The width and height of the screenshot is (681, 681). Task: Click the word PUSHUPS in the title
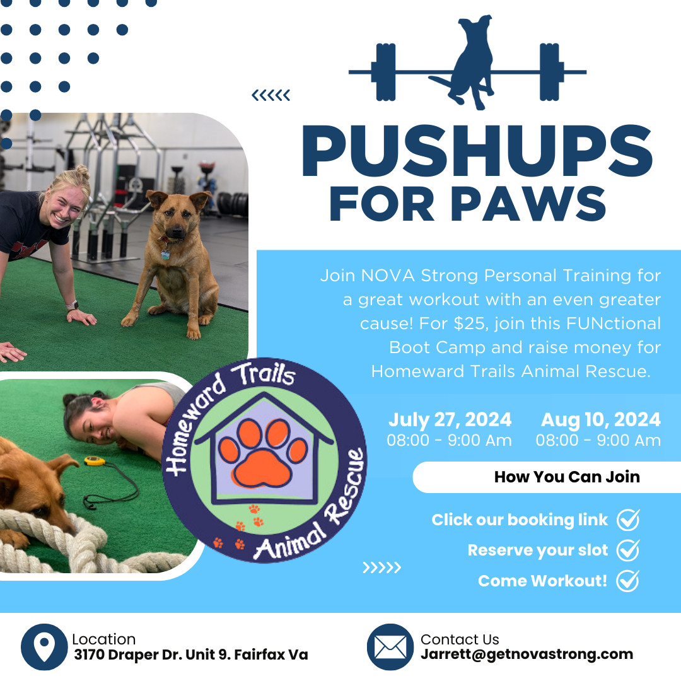[477, 151]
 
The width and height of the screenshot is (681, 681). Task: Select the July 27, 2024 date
[450, 420]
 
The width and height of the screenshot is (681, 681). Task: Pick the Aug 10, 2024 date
[601, 420]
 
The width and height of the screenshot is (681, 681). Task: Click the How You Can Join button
[547, 477]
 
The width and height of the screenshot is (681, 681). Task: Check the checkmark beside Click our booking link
[629, 520]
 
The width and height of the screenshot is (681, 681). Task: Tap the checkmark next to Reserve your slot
[629, 550]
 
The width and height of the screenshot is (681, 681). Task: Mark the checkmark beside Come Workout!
[628, 581]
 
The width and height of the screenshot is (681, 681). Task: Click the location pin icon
[44, 647]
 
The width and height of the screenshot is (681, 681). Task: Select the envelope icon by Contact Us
[390, 647]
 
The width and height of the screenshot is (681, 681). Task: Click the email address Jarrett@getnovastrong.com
[527, 655]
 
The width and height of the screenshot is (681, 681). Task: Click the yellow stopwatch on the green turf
[94, 460]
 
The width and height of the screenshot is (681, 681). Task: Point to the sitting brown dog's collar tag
[165, 254]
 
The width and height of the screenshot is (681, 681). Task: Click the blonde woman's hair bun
[81, 172]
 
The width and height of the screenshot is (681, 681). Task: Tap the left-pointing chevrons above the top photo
[271, 95]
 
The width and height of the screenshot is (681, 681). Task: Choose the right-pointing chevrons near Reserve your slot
[381, 567]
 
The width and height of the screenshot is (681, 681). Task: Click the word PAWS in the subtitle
[528, 204]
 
